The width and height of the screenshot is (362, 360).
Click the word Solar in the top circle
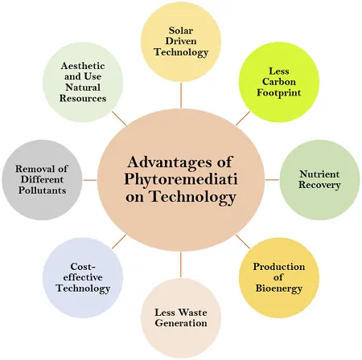point(181,31)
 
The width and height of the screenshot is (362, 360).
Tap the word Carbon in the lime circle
point(279,82)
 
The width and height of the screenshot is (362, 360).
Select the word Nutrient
point(319,174)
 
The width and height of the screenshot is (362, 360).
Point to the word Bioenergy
point(279,288)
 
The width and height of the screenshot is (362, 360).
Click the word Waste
point(193,313)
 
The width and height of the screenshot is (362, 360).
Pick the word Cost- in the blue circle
point(83,267)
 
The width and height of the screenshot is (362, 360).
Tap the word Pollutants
point(42,190)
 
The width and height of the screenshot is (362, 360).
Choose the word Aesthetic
point(83,66)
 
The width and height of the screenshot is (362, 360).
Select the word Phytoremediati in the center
point(181,179)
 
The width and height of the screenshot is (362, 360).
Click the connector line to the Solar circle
point(181,96)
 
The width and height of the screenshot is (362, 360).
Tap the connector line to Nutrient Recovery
point(272,180)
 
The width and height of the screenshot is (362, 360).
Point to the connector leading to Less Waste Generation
point(181,264)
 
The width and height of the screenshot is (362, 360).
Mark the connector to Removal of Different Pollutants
point(90,180)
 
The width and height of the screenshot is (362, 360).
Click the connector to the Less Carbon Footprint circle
point(243,118)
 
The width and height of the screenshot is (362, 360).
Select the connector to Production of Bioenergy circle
point(243,242)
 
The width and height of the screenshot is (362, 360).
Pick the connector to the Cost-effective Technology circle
point(119,242)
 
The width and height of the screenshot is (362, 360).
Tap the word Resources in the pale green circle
point(83,98)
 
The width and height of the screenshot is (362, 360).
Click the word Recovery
point(319,185)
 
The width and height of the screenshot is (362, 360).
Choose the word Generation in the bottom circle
point(181,323)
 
